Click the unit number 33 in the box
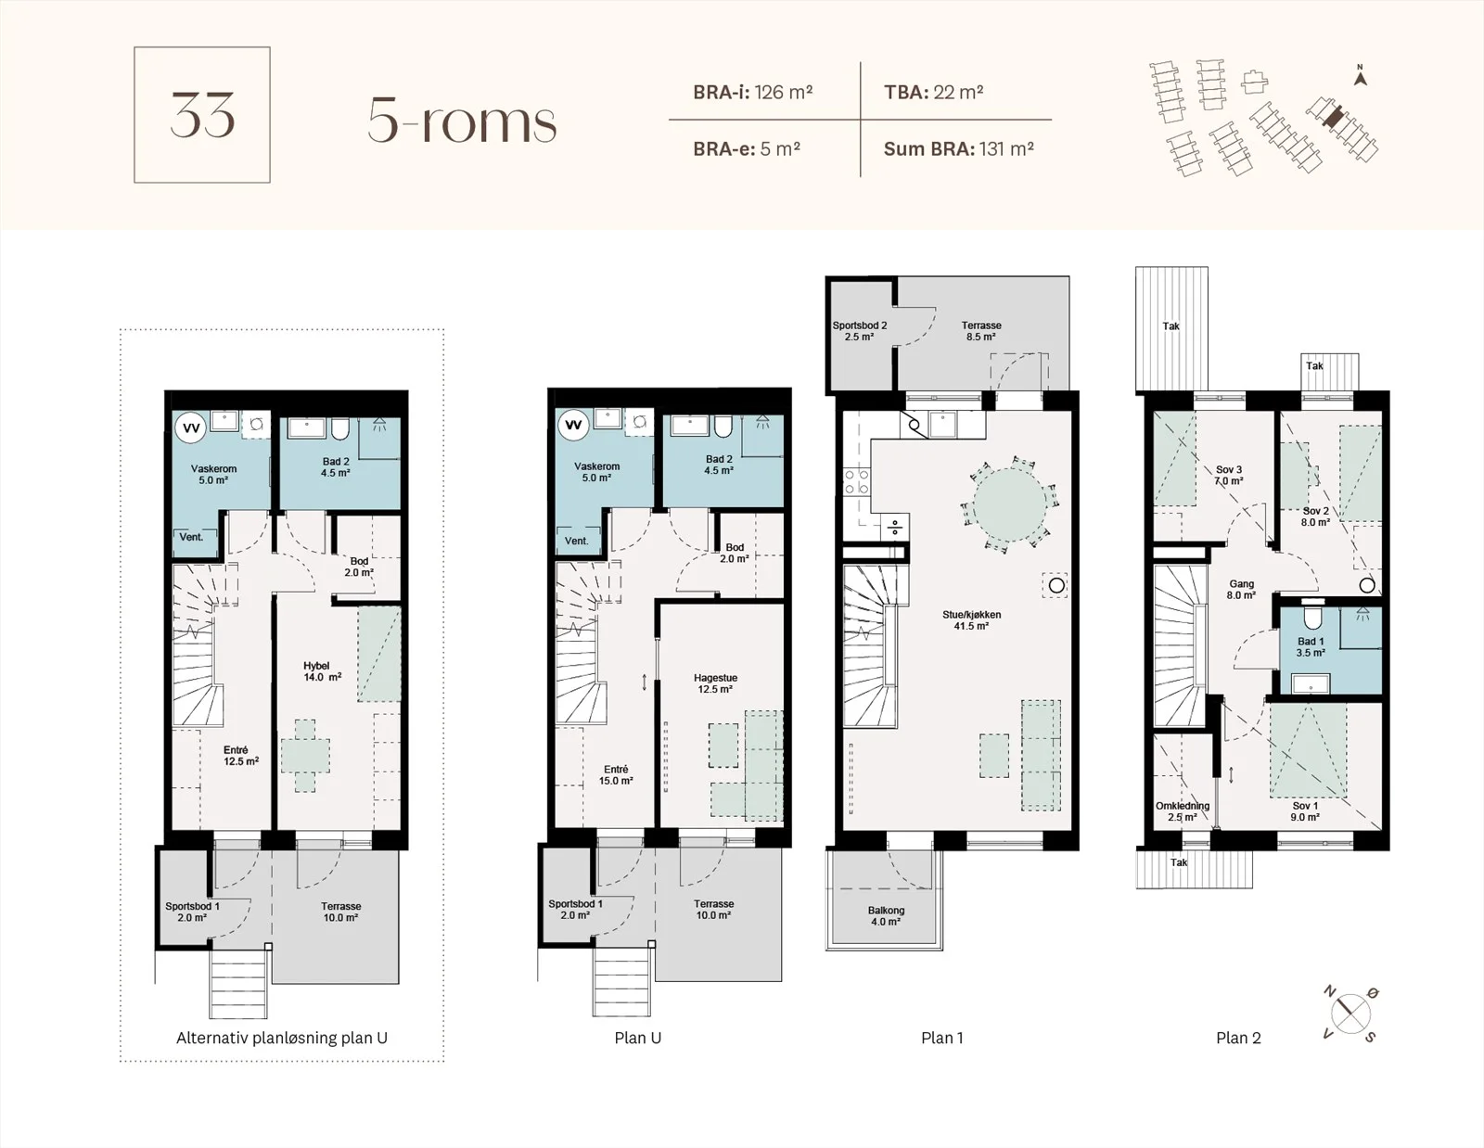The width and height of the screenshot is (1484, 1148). pyautogui.click(x=202, y=115)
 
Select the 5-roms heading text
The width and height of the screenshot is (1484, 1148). pyautogui.click(x=462, y=121)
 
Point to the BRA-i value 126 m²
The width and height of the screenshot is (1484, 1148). pyautogui.click(x=783, y=92)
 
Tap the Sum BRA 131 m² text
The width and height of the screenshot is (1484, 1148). pyautogui.click(x=958, y=148)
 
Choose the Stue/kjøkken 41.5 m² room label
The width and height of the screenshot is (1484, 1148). pyautogui.click(x=971, y=619)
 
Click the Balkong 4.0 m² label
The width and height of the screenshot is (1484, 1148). pyautogui.click(x=886, y=916)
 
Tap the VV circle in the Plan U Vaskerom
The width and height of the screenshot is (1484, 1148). pyautogui.click(x=573, y=426)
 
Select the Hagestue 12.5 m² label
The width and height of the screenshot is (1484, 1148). pyautogui.click(x=715, y=683)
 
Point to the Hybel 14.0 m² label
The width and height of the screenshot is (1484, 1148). pyautogui.click(x=322, y=671)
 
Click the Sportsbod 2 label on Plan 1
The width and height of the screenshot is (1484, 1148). pyautogui.click(x=859, y=325)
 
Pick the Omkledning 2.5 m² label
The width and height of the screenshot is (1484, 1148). pyautogui.click(x=1183, y=811)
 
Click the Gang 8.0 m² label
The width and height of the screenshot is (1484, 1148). pyautogui.click(x=1241, y=590)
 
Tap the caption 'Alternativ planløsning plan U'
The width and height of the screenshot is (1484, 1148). pyautogui.click(x=281, y=1038)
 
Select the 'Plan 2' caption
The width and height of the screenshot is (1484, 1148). pyautogui.click(x=1238, y=1038)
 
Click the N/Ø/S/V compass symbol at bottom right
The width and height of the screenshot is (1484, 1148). pyautogui.click(x=1350, y=1014)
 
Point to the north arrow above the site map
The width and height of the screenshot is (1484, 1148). pyautogui.click(x=1361, y=76)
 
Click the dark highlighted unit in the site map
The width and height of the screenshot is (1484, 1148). pyautogui.click(x=1333, y=116)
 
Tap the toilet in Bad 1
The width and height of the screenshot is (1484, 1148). pyautogui.click(x=1311, y=618)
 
